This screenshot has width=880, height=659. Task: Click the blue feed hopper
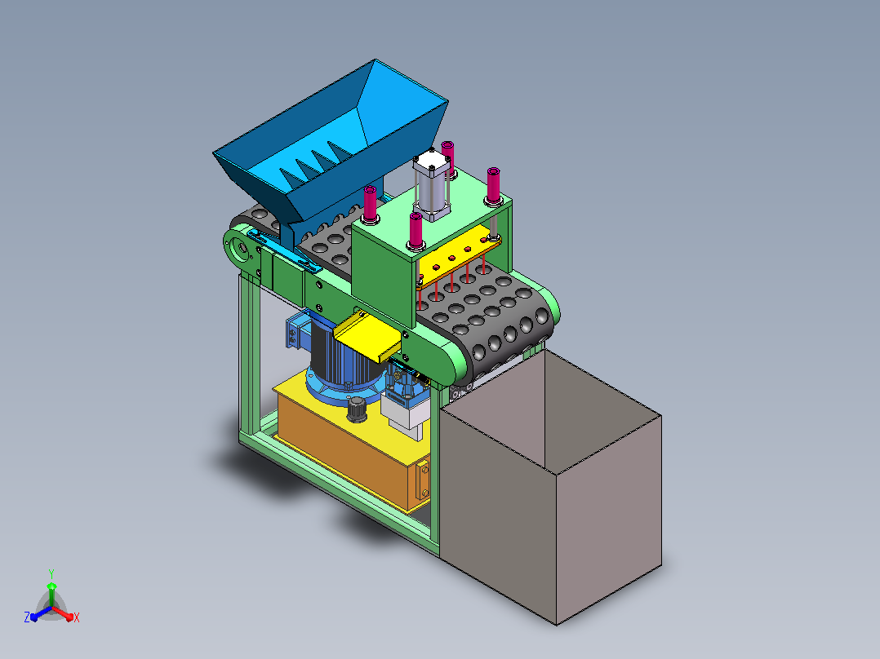[x=331, y=152]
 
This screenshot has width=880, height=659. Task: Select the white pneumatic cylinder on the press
[x=432, y=186]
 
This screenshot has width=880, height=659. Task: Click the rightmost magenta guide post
[x=493, y=186]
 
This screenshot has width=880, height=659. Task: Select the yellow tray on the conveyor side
[x=367, y=336]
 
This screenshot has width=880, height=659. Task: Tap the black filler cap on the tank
[x=357, y=409]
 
